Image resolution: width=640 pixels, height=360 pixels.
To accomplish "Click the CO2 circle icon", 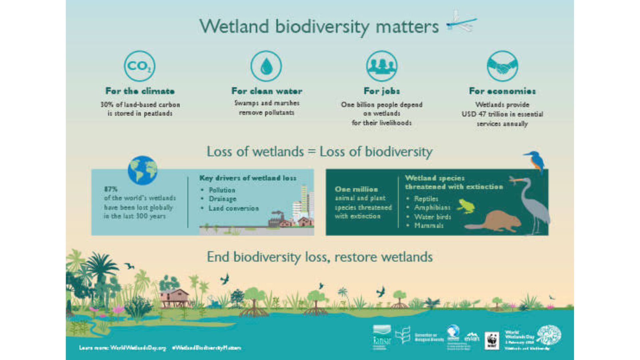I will (x=139, y=66).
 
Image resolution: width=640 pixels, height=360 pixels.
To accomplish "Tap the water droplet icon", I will (x=266, y=66).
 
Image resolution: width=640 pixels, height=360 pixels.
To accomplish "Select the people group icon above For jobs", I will (x=382, y=66).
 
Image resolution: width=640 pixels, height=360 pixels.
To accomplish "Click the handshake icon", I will (x=502, y=66).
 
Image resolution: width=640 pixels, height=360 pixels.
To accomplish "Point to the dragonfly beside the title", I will (x=462, y=22).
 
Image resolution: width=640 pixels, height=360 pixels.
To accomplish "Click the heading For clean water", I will (x=267, y=91).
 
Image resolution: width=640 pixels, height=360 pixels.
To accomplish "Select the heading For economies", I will (x=502, y=91).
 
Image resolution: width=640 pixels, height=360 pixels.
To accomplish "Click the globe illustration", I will (x=142, y=170).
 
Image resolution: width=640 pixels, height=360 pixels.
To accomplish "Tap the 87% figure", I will (x=111, y=189).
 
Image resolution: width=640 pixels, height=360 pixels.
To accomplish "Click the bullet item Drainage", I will (x=222, y=199).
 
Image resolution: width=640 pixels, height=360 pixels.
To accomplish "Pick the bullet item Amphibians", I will (x=432, y=208).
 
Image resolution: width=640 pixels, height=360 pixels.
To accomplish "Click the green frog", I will (x=466, y=206).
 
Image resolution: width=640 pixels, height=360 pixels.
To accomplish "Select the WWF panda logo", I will (x=492, y=341).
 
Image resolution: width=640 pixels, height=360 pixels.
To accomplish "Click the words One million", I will (x=356, y=189).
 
